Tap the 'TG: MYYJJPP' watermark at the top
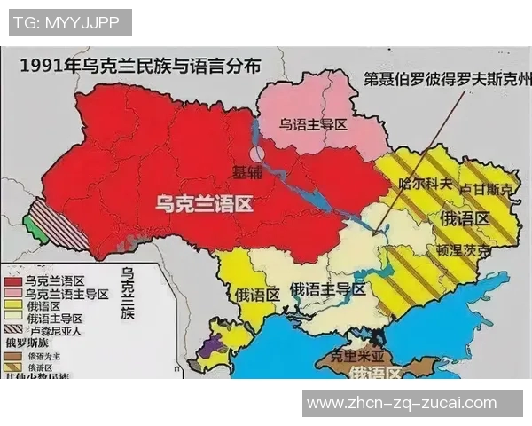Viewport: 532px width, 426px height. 70,22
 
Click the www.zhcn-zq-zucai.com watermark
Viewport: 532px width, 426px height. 401,404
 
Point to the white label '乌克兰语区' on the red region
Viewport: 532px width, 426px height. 204,205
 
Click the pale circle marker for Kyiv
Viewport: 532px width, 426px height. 257,154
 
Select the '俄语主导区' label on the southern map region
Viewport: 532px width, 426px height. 327,289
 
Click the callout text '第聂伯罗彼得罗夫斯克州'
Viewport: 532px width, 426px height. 448,79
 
